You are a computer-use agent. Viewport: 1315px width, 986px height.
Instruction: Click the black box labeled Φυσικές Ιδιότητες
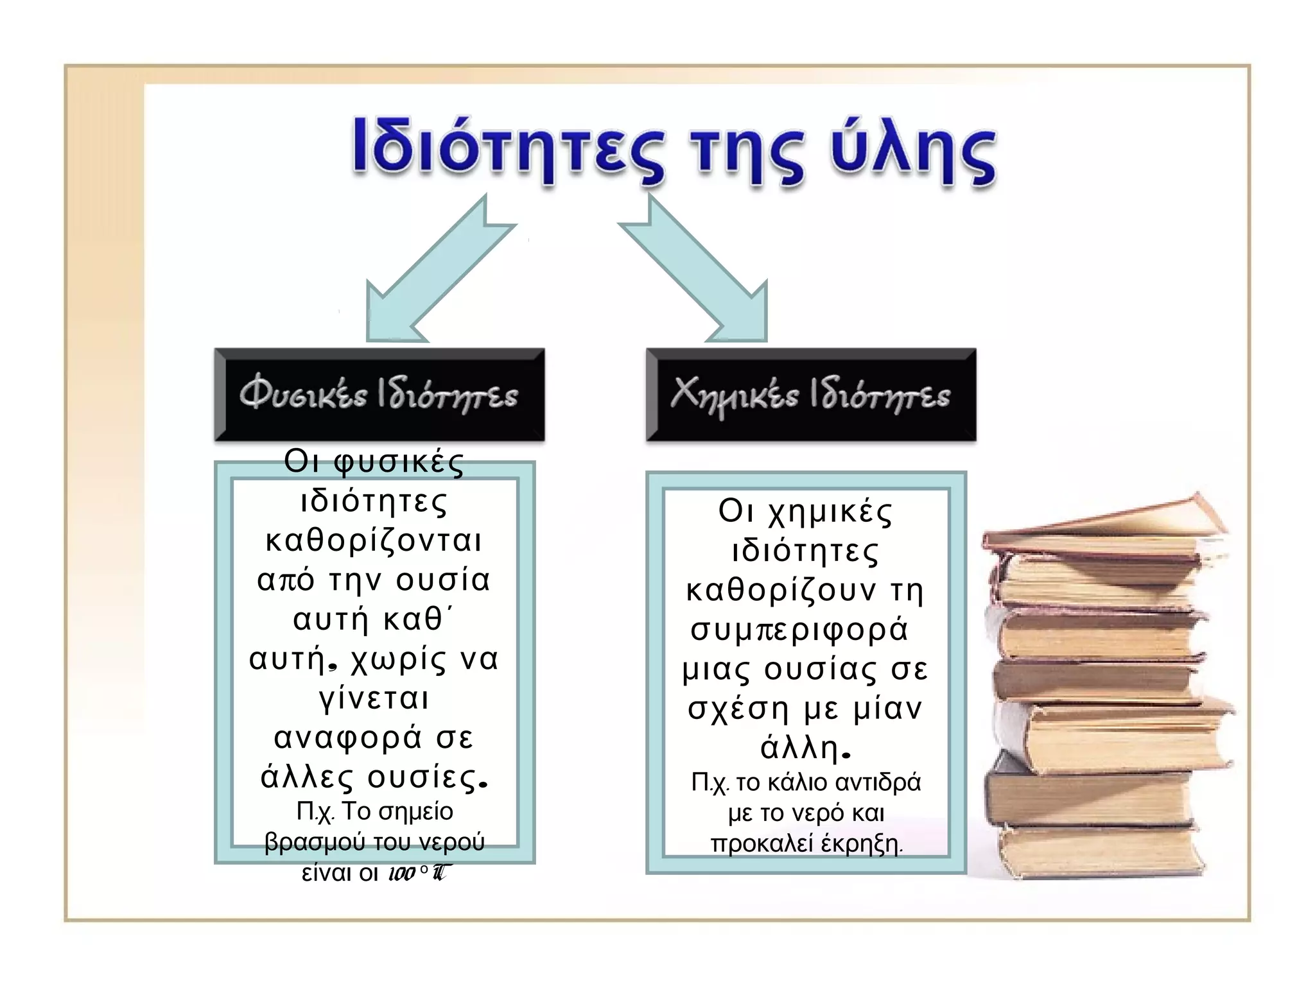379,395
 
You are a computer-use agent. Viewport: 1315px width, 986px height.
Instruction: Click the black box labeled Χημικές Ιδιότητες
810,395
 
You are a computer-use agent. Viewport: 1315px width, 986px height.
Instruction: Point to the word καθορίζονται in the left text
374,541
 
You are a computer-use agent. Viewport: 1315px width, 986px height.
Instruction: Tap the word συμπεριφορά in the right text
799,630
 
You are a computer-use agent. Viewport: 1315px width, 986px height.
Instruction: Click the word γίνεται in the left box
374,698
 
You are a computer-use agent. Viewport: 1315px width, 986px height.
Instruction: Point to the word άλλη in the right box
800,747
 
